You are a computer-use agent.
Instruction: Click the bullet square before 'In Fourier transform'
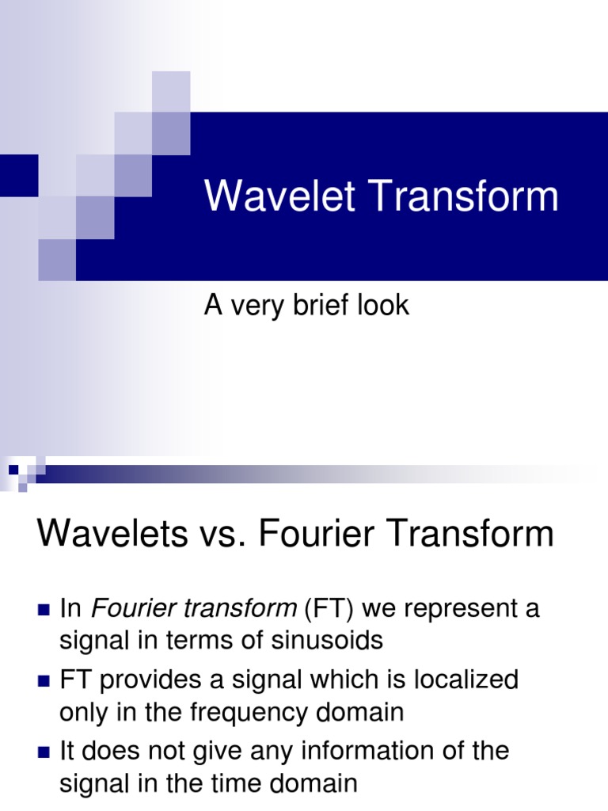44,611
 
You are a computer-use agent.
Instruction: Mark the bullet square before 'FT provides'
44,681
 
